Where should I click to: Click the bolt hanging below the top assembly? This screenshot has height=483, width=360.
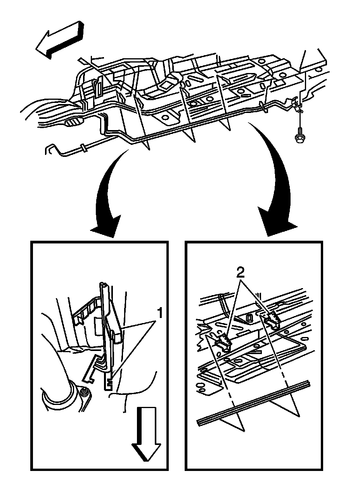click(x=299, y=136)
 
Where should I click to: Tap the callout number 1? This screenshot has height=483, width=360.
click(x=159, y=312)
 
